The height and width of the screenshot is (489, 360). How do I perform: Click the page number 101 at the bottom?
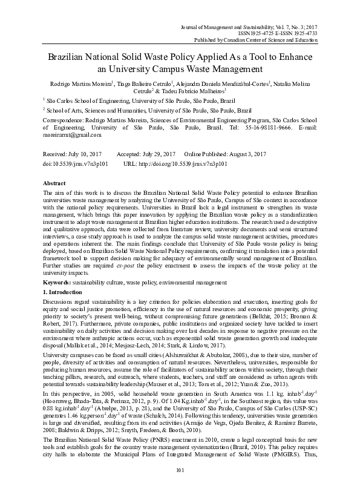coord(179,470)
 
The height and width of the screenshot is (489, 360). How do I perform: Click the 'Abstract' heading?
coord(56,182)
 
